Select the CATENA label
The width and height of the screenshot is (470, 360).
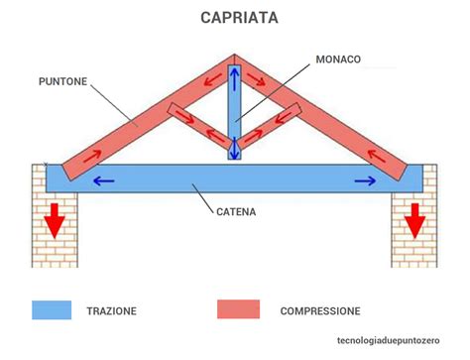241,210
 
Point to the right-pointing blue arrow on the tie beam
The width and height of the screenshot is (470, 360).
365,180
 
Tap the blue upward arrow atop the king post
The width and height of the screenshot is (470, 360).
234,79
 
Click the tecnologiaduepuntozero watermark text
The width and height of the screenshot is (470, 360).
394,341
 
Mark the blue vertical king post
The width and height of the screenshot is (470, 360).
234,114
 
